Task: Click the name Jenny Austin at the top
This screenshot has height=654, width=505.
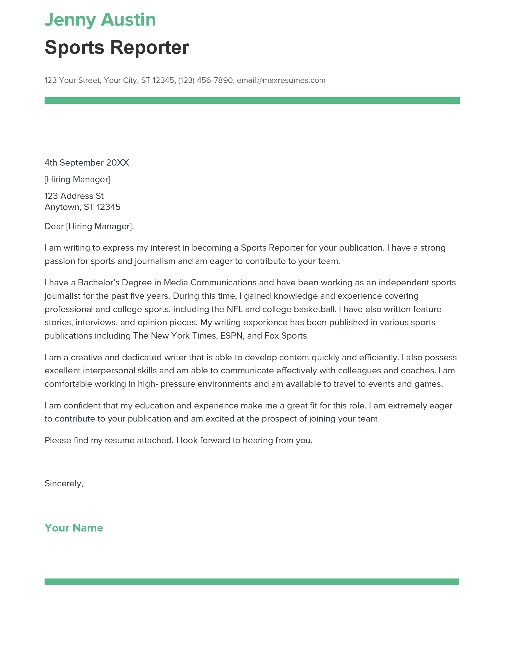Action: coord(100,20)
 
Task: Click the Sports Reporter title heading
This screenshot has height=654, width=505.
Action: coord(116,47)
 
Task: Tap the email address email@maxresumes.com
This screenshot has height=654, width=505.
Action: coord(281,80)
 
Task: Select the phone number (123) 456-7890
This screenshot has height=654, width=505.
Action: coord(205,80)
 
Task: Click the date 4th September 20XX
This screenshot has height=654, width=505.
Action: coord(86,163)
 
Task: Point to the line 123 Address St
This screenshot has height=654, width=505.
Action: coord(74,196)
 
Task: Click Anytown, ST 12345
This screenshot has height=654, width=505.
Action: coord(82,207)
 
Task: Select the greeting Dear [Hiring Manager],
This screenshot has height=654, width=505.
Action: coord(89,226)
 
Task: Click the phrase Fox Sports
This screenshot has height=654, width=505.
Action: coord(286,336)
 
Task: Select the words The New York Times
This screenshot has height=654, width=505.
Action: coord(175,336)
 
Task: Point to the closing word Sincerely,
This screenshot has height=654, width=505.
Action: coord(64,483)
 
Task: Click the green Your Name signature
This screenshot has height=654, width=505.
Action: coord(74,528)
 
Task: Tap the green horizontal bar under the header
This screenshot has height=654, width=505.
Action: coord(252,100)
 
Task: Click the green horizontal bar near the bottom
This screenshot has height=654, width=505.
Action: coord(252,581)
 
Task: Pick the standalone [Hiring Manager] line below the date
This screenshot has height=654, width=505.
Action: coord(78,179)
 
